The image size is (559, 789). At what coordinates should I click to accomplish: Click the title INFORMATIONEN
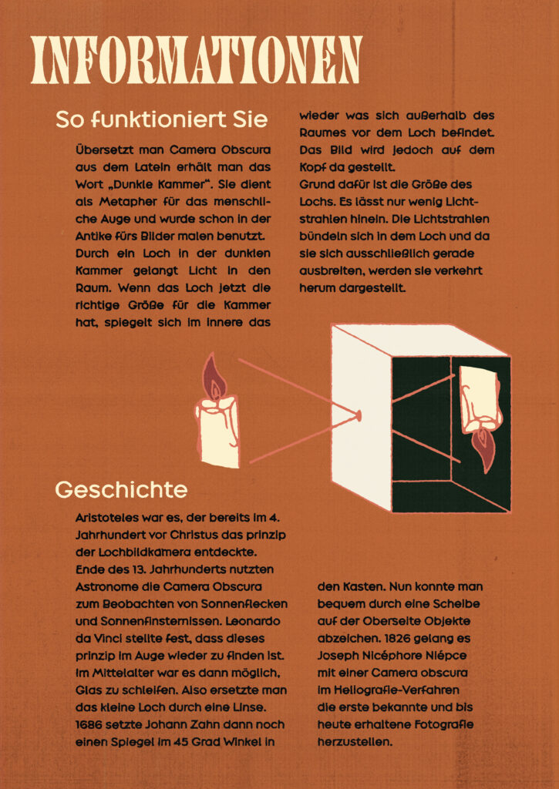(x=197, y=59)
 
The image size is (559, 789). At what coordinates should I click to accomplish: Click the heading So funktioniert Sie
(x=161, y=119)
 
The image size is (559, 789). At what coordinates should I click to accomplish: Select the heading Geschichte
(x=121, y=489)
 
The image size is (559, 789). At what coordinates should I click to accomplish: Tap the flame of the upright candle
(x=214, y=377)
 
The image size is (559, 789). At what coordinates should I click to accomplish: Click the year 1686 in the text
(x=91, y=724)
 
